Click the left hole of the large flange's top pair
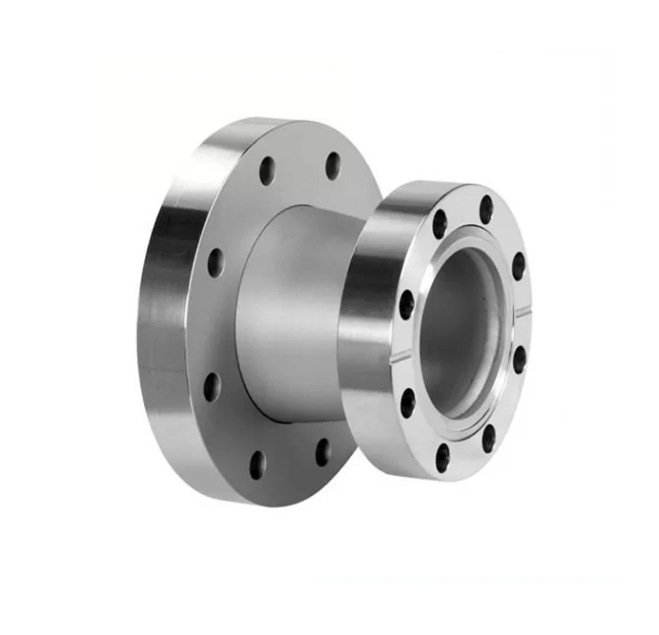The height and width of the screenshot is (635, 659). point(267,171)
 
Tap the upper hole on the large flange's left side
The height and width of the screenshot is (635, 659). point(215,263)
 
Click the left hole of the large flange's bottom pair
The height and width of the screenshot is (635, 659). point(257,464)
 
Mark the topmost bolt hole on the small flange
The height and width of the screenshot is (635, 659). point(487,209)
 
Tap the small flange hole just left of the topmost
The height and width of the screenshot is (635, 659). point(439,224)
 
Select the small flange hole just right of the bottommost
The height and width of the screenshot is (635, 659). point(488,438)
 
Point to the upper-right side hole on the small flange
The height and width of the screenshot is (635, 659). point(518,266)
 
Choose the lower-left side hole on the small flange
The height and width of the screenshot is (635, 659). point(408,402)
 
